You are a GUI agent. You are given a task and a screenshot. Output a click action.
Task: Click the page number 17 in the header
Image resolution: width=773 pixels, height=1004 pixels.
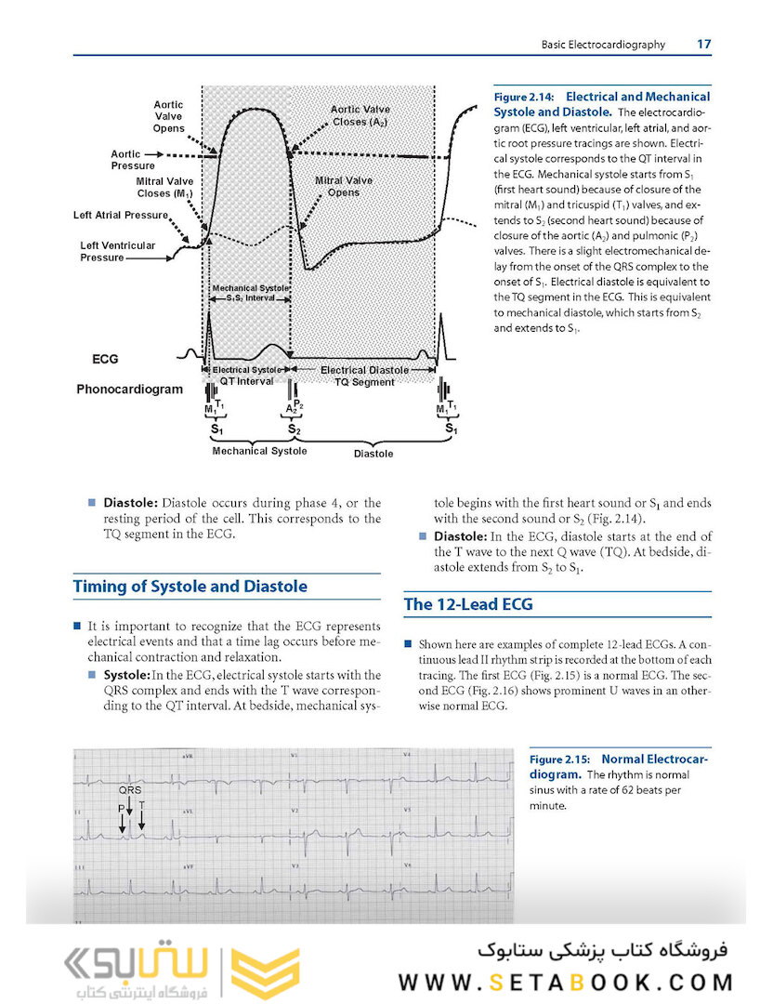coord(703,44)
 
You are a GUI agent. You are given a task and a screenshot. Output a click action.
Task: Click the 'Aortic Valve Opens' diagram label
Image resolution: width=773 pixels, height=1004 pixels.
coord(169,117)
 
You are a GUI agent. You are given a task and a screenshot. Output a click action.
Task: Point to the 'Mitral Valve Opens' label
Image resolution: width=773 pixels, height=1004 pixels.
coord(343,186)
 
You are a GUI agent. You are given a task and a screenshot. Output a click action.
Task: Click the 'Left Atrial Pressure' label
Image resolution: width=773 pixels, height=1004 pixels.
coord(121,216)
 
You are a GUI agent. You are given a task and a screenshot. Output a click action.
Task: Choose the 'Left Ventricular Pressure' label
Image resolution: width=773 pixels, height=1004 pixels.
coord(117,251)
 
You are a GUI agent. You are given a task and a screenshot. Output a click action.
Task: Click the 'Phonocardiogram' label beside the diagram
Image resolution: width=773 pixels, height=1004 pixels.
coord(130,389)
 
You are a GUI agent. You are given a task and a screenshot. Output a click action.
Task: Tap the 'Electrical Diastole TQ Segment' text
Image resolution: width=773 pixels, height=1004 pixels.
coord(364,376)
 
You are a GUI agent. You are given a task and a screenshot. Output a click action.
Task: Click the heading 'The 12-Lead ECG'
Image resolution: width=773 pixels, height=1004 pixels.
coord(468,605)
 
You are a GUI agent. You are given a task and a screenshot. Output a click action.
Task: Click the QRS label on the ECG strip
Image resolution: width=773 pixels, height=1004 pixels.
coord(129,789)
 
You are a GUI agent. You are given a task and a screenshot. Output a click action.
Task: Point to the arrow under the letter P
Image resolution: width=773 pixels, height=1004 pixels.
coord(122,822)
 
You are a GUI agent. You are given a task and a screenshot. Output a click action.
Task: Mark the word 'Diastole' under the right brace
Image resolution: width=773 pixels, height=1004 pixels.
coord(373,454)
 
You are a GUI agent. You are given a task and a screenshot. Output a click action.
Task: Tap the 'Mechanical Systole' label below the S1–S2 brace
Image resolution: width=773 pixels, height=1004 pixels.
coord(260,451)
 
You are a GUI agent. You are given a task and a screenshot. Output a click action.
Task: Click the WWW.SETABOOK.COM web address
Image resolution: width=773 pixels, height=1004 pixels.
coord(567,982)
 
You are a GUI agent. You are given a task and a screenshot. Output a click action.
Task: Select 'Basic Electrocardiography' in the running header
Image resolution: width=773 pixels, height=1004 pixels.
coord(604,45)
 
